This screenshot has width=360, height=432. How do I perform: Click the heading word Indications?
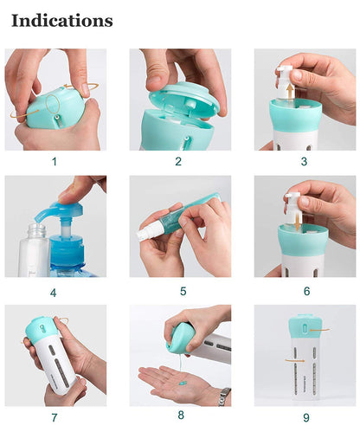point(61,20)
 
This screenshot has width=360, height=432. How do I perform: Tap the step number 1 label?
point(54,161)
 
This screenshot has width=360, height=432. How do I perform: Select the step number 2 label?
point(178,161)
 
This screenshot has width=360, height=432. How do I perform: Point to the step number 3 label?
point(305,161)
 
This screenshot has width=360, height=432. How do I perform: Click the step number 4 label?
point(54,293)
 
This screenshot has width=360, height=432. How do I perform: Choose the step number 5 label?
point(178,293)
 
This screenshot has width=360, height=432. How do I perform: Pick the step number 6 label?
point(305,293)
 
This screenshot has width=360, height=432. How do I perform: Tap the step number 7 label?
point(54,419)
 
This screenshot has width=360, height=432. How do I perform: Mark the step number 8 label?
point(178,419)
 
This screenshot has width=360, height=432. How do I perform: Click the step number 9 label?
point(305,419)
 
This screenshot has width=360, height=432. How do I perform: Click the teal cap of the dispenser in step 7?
point(41,327)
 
